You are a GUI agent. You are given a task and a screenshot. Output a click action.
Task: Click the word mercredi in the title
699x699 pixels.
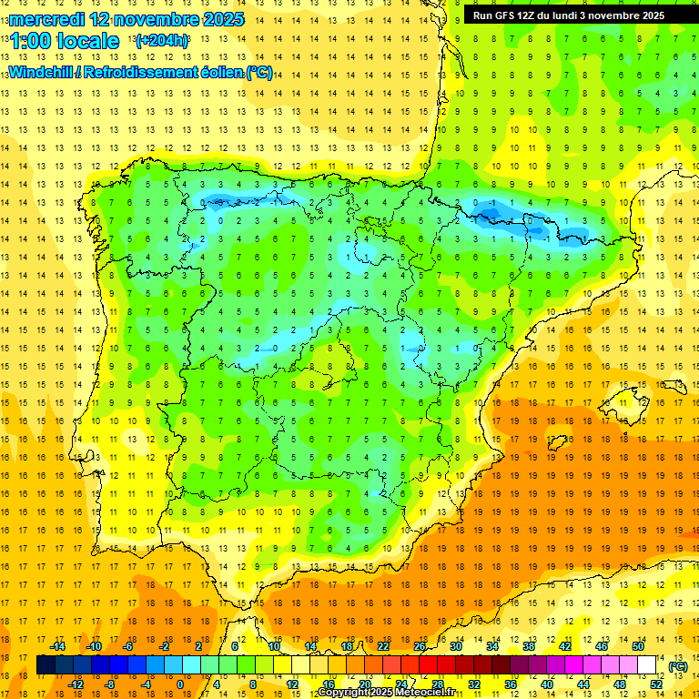(46, 19)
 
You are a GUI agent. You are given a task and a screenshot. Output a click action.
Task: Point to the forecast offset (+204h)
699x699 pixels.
(162, 41)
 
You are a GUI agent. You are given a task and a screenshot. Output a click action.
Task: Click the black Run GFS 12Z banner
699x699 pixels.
(568, 15)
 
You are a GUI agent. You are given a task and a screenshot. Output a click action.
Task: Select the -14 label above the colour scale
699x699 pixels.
(58, 645)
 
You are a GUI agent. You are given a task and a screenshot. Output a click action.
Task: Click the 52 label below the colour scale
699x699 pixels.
(656, 684)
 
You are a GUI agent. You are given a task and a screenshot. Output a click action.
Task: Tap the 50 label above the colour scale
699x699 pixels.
(637, 645)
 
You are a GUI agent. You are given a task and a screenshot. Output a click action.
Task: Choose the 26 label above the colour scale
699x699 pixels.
(420, 645)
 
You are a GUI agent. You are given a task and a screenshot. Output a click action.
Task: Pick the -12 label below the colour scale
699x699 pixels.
(76, 684)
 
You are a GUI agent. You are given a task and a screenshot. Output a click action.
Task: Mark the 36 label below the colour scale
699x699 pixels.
(511, 684)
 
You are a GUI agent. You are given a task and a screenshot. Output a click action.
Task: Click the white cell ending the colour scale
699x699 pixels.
(646, 665)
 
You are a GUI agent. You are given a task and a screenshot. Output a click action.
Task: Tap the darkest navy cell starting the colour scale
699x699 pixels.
(46, 665)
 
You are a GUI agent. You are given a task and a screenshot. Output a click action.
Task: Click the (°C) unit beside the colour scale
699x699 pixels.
(678, 665)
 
